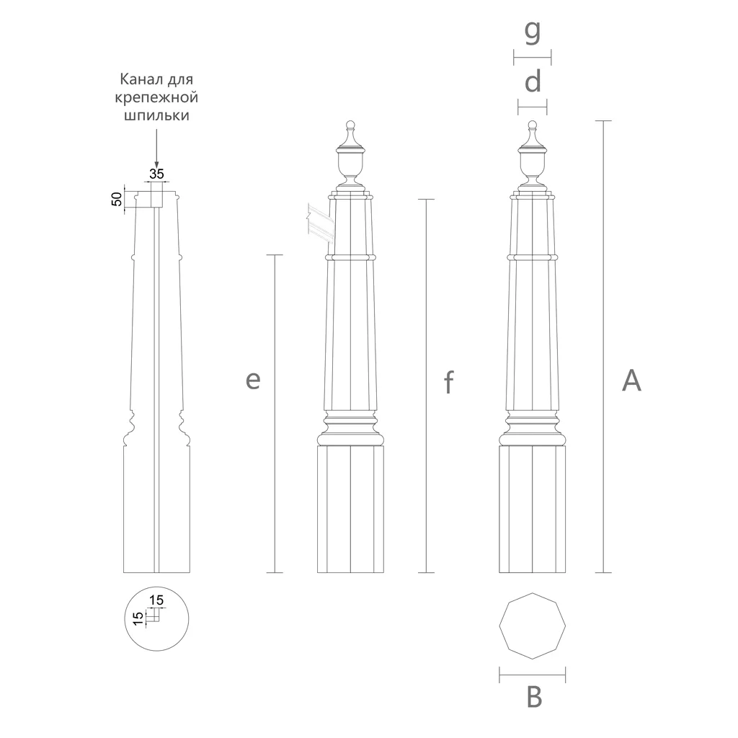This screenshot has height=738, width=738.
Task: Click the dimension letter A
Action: (631, 381)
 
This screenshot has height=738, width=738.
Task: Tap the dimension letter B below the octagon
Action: (534, 697)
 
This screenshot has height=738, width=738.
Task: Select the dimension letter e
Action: (253, 380)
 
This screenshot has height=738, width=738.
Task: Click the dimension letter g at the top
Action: (533, 32)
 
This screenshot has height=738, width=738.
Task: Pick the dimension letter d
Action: (533, 81)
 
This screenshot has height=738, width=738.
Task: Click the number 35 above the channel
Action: (156, 174)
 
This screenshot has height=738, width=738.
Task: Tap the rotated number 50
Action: (116, 199)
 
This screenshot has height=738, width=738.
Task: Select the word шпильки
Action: (156, 115)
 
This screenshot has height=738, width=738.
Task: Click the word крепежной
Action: (156, 98)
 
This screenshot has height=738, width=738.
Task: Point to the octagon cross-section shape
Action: (533, 626)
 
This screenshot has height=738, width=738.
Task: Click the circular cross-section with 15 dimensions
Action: (156, 619)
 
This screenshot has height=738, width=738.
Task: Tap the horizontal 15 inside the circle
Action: (156, 600)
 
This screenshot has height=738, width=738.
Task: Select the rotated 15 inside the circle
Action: (138, 618)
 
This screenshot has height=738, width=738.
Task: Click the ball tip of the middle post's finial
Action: (350, 125)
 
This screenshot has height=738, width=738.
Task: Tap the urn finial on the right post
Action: (533, 156)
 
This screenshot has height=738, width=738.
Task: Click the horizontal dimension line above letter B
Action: (533, 675)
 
